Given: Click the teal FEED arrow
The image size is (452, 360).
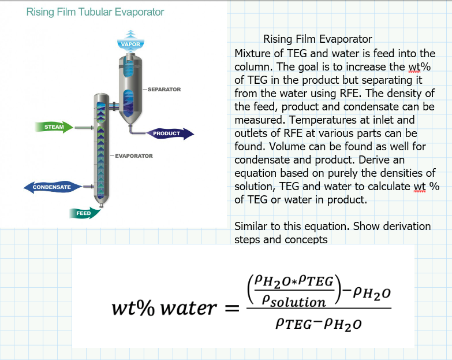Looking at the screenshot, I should click(85, 213).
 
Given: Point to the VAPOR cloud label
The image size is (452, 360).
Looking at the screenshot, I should click(131, 44).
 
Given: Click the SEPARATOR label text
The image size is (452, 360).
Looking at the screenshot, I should click(164, 90).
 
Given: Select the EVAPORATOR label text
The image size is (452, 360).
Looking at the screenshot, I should click(134, 156).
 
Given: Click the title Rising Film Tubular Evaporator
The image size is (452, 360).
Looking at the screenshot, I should click(95, 12).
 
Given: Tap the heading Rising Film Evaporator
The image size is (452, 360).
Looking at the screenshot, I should click(317, 39).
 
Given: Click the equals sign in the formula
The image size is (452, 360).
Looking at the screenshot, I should click(231, 308).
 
